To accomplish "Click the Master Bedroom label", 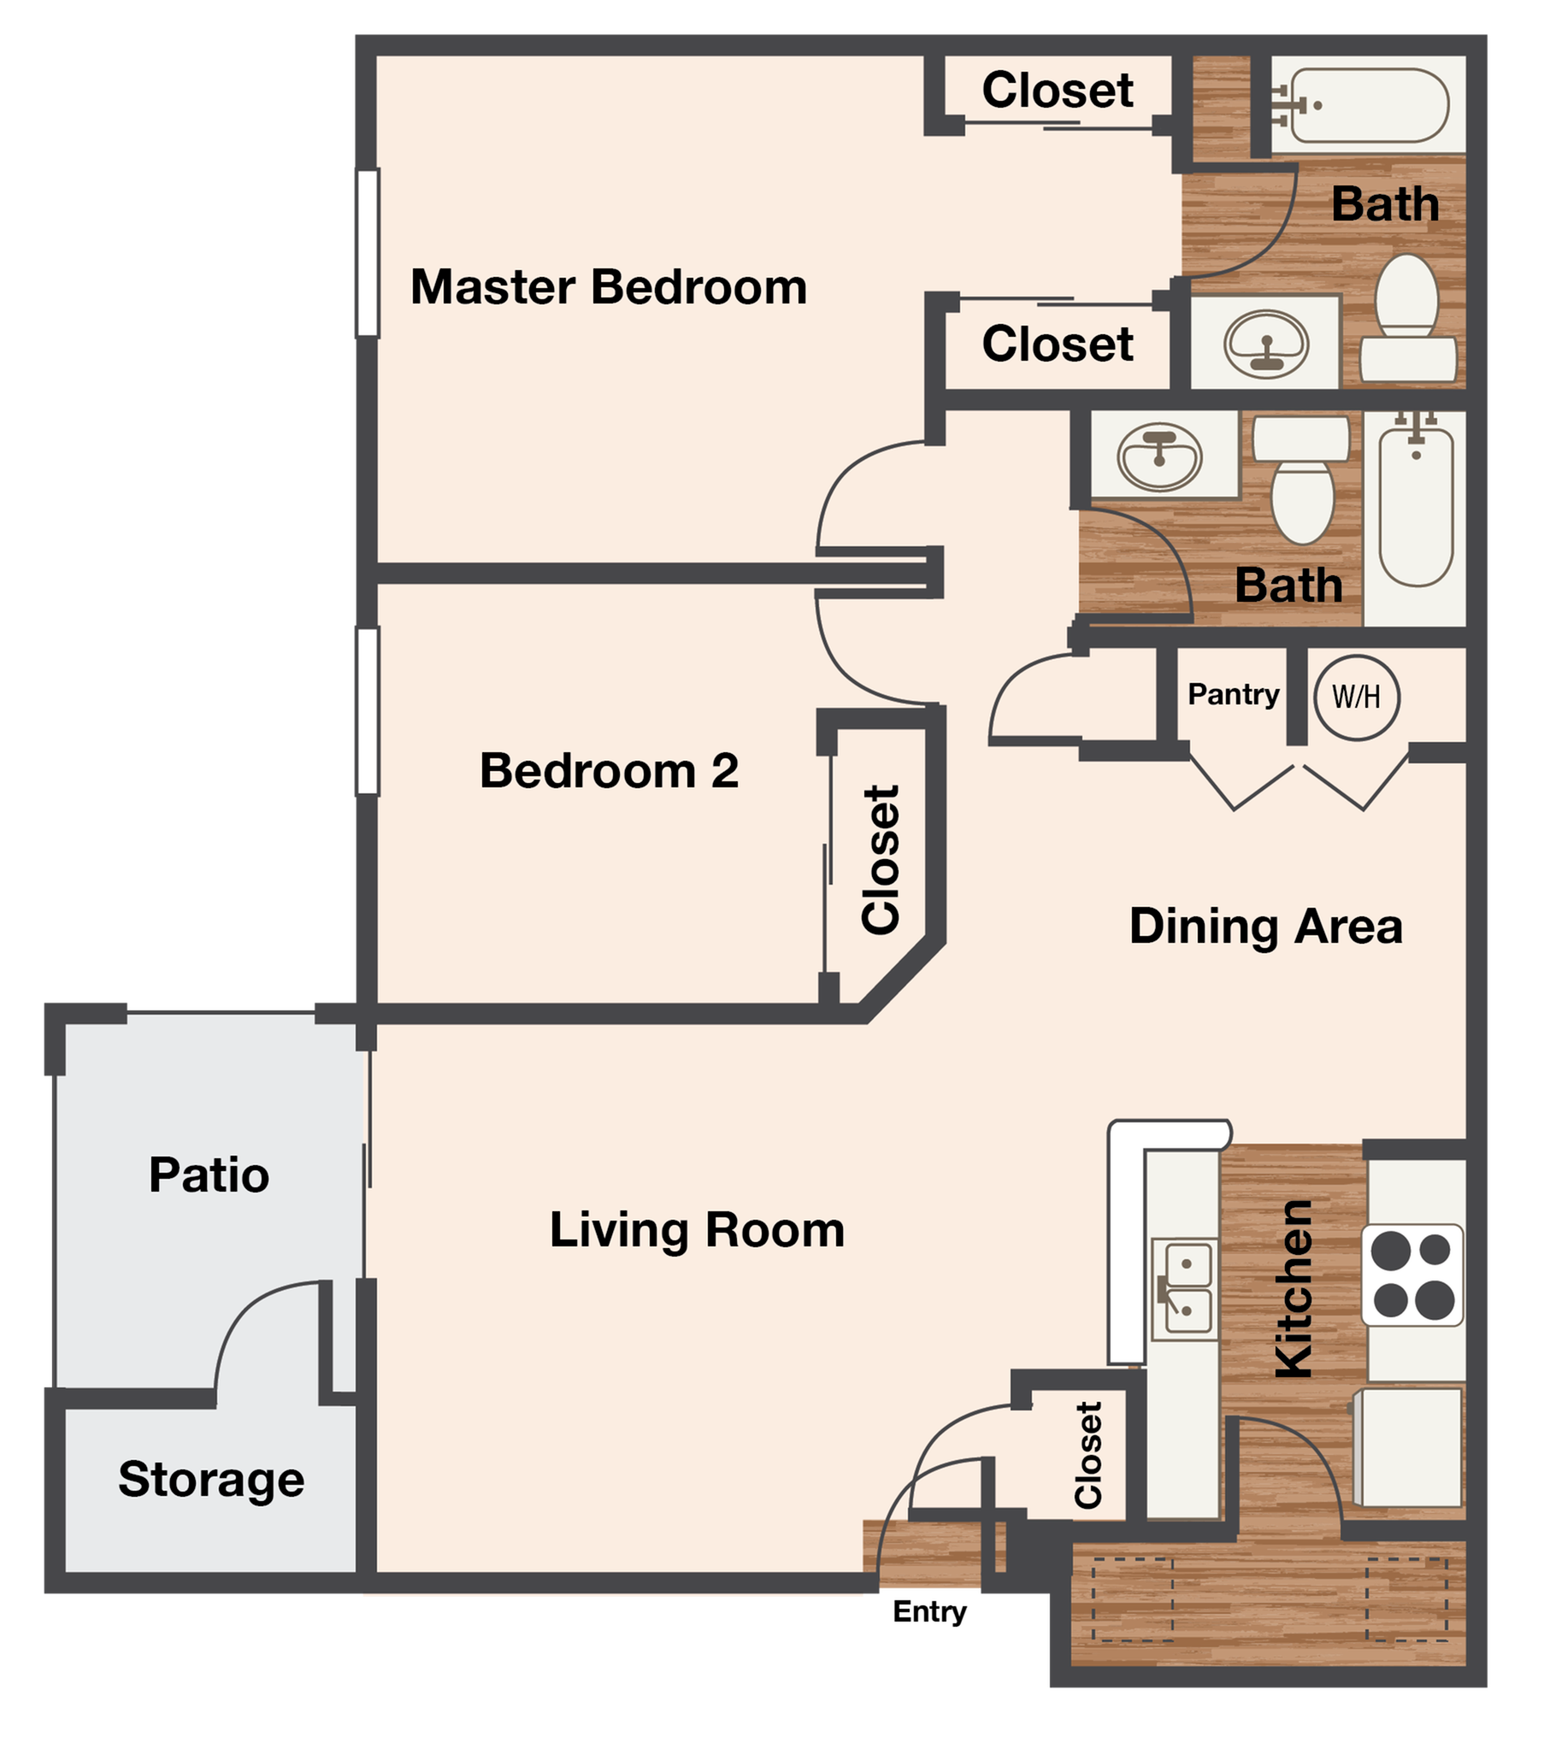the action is (609, 286).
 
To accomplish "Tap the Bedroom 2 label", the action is (609, 770).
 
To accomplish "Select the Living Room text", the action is (697, 1231).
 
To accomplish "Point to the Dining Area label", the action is (1266, 927).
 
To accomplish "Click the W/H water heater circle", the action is (1356, 698).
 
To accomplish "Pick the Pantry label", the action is (1233, 694).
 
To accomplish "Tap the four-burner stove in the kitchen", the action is (1412, 1275).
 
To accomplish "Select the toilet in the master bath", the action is (1407, 318).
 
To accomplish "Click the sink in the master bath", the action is (1266, 344).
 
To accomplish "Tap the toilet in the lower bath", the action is (1301, 480).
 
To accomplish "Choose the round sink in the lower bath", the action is (1159, 456).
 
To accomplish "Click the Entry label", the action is (929, 1611).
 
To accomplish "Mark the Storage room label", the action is (211, 1480).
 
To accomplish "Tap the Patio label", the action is (209, 1175).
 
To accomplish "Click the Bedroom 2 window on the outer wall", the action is (368, 711).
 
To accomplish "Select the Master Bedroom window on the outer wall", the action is (368, 253).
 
